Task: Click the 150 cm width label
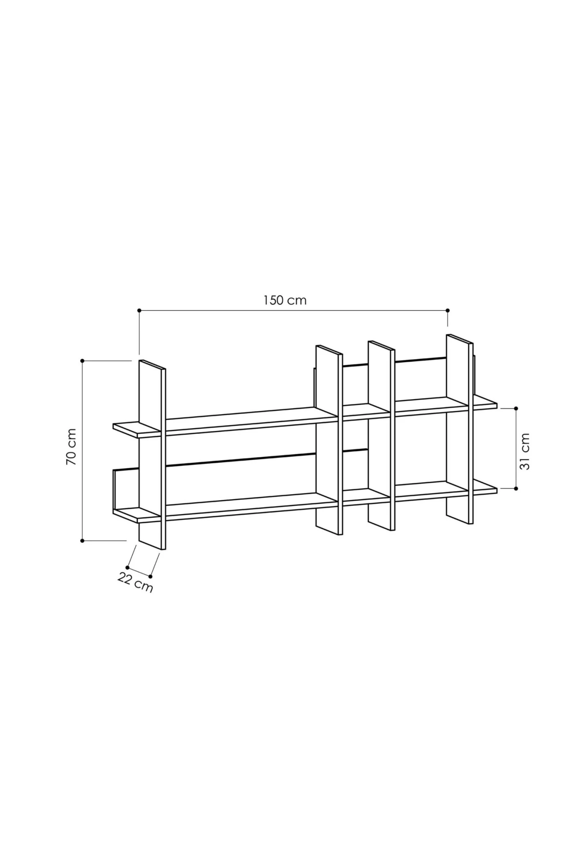(x=285, y=300)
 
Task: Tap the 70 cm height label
(x=71, y=447)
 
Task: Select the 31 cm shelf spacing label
(x=524, y=451)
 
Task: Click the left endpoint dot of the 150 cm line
(x=139, y=310)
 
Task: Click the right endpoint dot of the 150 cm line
(x=448, y=310)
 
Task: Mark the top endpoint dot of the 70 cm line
(x=82, y=361)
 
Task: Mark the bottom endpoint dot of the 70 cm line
(x=82, y=541)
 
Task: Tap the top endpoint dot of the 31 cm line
(x=516, y=409)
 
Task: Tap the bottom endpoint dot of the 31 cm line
(x=516, y=489)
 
